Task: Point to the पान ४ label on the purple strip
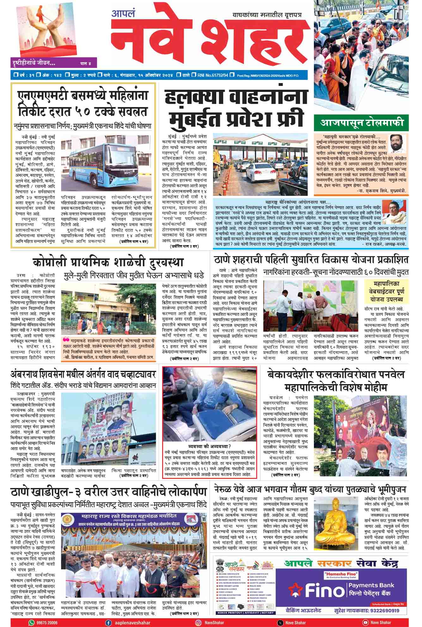click(x=85, y=63)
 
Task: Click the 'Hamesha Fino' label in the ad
click(x=341, y=574)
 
